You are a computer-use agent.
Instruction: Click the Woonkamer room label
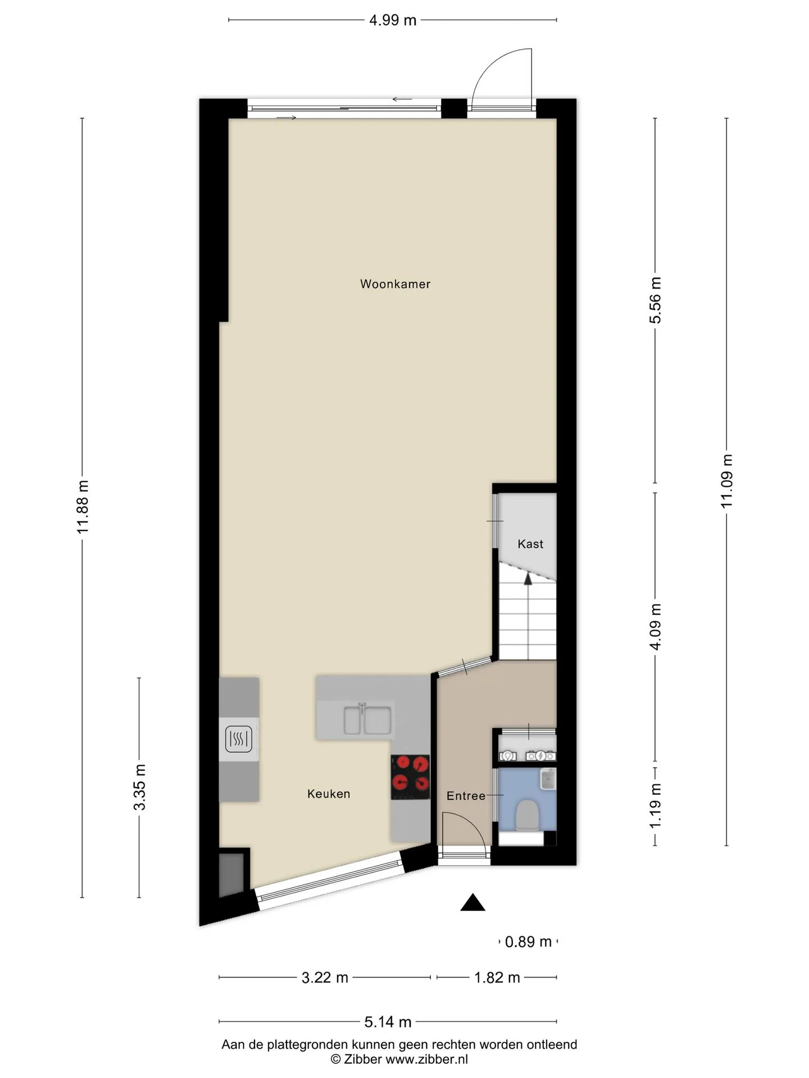tap(395, 284)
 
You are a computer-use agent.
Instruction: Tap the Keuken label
tap(329, 794)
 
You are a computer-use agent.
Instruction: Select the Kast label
tap(530, 544)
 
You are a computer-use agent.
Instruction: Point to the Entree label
tap(466, 796)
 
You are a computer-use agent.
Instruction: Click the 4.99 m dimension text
tap(393, 20)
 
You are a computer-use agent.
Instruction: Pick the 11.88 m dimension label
tap(83, 507)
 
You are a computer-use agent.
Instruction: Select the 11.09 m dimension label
tap(727, 481)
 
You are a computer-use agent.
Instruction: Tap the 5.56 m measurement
tap(656, 300)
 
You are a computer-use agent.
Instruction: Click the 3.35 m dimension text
tap(139, 787)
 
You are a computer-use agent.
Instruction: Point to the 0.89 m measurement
tap(528, 942)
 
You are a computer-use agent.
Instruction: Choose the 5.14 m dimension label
tap(388, 1022)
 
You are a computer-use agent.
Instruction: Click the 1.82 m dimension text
tap(497, 977)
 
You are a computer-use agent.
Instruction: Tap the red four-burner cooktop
tap(411, 777)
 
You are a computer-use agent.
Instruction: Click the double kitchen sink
tap(368, 720)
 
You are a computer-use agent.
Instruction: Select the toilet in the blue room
tap(526, 816)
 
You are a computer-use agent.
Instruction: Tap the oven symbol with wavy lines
tap(239, 739)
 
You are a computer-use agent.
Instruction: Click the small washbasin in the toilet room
tap(548, 779)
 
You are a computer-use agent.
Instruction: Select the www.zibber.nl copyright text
tap(399, 1059)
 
